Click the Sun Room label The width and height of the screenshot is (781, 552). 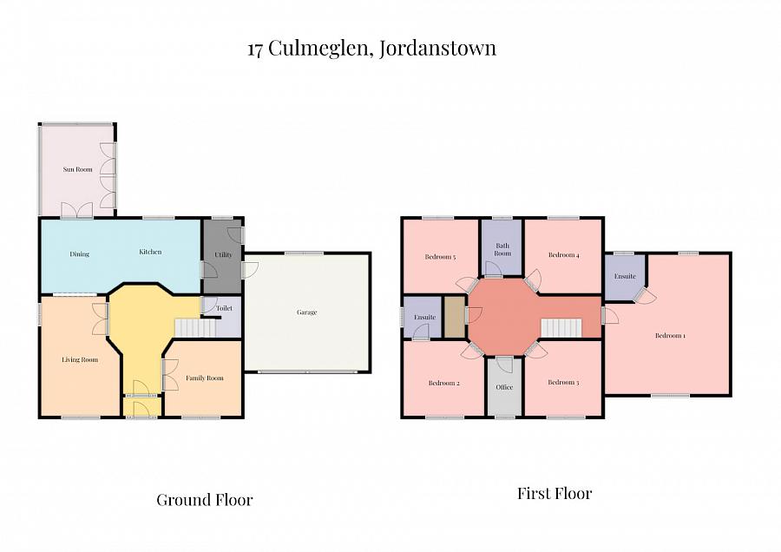(x=77, y=169)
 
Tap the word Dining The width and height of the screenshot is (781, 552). (x=80, y=254)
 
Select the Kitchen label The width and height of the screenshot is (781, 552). (x=150, y=253)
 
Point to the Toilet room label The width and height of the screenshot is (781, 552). (x=224, y=308)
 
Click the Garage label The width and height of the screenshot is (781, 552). (x=306, y=312)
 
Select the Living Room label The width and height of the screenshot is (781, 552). (x=79, y=359)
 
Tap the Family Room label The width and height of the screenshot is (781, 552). (x=204, y=378)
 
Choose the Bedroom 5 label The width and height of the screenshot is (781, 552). (x=440, y=257)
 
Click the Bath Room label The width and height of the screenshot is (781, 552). (x=502, y=249)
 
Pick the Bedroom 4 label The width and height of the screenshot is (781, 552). (x=563, y=255)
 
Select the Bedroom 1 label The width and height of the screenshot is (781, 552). (x=670, y=336)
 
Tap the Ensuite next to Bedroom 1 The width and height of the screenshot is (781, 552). (x=625, y=277)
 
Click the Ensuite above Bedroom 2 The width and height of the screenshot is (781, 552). (x=424, y=318)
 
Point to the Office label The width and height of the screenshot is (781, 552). (x=504, y=387)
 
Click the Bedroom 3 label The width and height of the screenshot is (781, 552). (x=563, y=383)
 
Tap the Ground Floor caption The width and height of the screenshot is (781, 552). (x=204, y=500)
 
